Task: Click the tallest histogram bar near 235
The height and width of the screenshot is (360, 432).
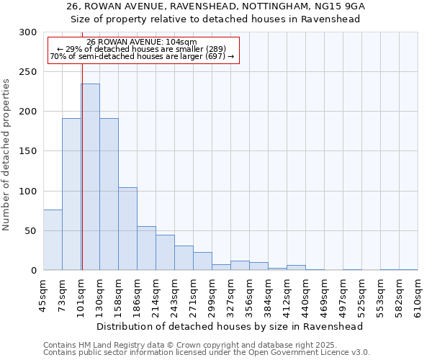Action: click(x=90, y=176)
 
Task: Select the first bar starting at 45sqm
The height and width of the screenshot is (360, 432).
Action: click(x=53, y=240)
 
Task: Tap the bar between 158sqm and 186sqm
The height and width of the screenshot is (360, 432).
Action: click(x=127, y=228)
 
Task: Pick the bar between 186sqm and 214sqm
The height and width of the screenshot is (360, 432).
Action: click(x=146, y=248)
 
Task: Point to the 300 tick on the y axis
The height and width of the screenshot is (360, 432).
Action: click(x=28, y=32)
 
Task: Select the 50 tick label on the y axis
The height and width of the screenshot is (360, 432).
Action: click(x=31, y=230)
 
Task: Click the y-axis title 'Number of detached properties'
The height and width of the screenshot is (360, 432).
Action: click(x=7, y=155)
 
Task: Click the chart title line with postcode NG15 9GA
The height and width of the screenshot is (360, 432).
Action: click(x=216, y=6)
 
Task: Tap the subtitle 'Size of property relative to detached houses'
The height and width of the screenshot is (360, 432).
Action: click(x=216, y=19)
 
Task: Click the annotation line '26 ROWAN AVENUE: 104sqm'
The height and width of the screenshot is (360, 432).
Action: click(x=141, y=42)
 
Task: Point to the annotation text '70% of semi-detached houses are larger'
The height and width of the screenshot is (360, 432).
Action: click(x=142, y=56)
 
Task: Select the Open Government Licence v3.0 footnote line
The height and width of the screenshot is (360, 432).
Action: click(x=207, y=353)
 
